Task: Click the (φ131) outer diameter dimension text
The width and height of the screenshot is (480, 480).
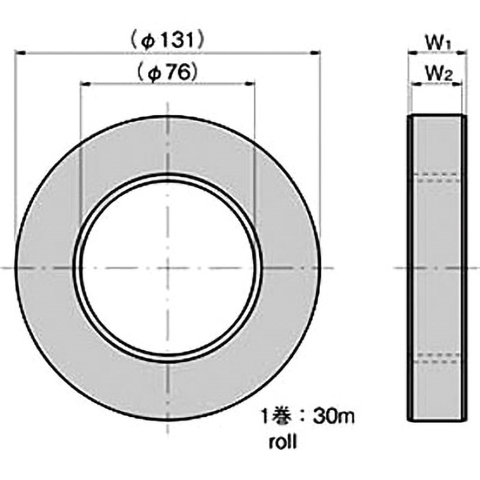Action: click(169, 41)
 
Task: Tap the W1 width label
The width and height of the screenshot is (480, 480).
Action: click(437, 43)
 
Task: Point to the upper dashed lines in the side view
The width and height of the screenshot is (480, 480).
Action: click(437, 177)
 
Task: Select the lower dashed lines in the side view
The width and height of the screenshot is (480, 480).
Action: click(437, 359)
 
